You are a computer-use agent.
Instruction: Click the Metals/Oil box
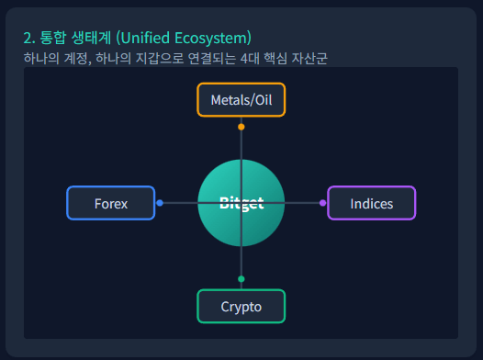(x=241, y=99)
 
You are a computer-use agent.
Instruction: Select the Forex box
(x=110, y=203)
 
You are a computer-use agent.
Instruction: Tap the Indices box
(x=371, y=203)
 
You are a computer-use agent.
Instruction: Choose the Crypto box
(x=241, y=307)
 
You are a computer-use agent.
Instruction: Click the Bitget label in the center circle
(x=241, y=203)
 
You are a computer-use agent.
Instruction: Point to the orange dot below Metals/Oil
(x=241, y=127)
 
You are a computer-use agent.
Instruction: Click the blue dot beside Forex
(x=160, y=203)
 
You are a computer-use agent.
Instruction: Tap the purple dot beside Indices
(x=322, y=203)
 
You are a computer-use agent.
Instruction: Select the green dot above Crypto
(x=241, y=278)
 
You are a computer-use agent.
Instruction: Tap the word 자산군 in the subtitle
(x=309, y=59)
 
